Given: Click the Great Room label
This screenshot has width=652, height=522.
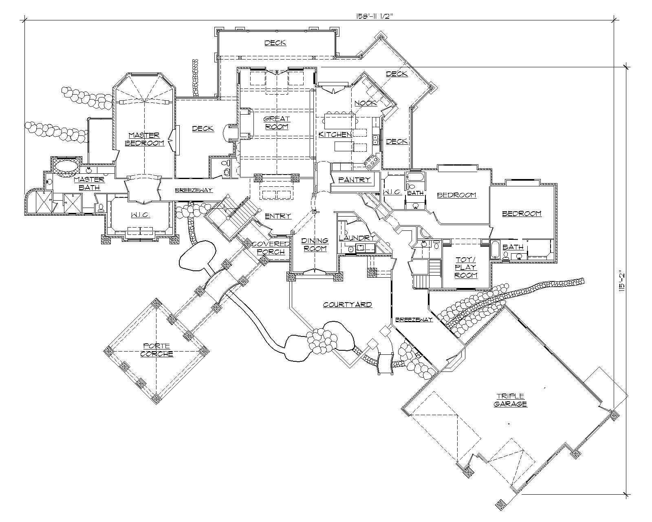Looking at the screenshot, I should (277, 123).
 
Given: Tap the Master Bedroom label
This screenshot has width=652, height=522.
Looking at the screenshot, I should (144, 139).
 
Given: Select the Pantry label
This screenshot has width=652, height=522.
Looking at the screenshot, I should (354, 179).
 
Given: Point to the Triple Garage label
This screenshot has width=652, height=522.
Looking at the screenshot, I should (511, 400).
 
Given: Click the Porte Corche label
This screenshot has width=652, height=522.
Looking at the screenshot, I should (156, 350).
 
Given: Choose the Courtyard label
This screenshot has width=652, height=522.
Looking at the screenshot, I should (347, 305).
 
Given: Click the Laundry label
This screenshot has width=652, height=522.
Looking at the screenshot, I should (357, 238).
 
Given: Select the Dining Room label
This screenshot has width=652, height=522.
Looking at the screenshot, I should (315, 245).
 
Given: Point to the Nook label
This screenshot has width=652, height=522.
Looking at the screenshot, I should (366, 103).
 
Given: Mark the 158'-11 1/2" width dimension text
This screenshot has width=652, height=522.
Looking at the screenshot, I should (374, 16).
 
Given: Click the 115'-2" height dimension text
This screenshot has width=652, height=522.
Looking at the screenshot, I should (621, 281).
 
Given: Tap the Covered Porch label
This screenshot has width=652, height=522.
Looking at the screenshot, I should (271, 248).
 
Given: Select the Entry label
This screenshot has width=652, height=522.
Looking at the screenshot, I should (278, 216).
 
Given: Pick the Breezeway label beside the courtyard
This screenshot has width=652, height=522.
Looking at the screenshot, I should (413, 320).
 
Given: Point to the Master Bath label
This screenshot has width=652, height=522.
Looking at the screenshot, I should (89, 184).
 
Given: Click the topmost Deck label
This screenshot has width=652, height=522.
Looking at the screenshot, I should (275, 42).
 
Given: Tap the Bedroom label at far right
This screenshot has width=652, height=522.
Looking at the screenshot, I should (522, 213).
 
